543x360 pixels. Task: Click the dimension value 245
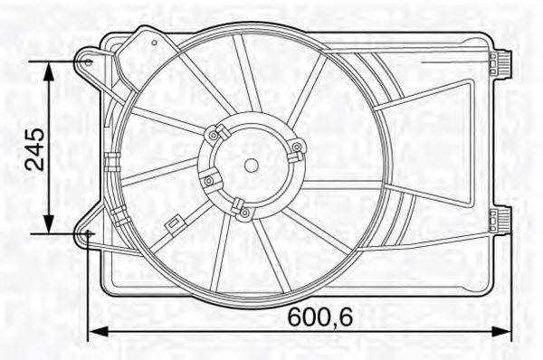[x=34, y=149]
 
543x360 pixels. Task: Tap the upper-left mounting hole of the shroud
[x=87, y=62]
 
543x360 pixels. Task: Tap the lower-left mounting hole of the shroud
[x=89, y=234]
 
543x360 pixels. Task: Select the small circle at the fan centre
[x=252, y=165]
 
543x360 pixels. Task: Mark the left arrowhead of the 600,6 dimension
[x=91, y=330]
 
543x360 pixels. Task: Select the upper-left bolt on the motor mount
[x=214, y=135]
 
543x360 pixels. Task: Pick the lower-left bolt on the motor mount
[x=209, y=181]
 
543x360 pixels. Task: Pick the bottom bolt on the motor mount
[x=243, y=212]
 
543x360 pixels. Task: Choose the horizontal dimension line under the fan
[x=299, y=330]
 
